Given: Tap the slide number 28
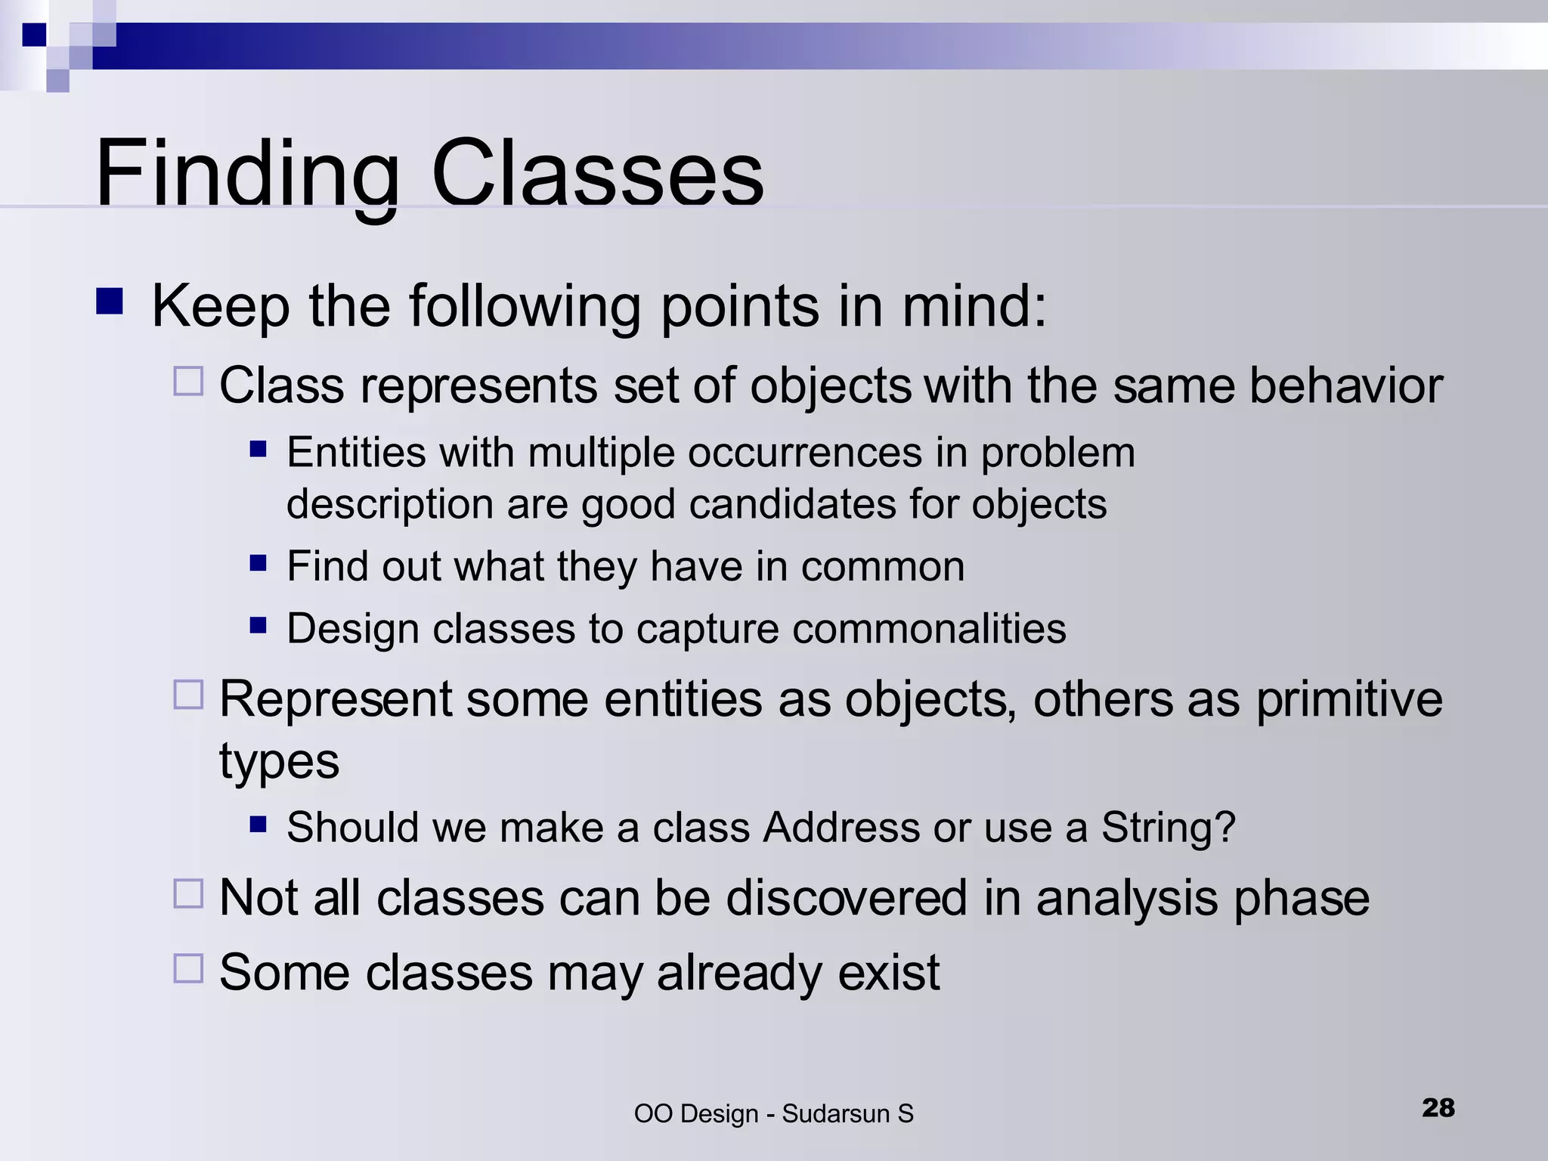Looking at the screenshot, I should click(x=1438, y=1107).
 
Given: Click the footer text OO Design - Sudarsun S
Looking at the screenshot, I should click(x=773, y=1113).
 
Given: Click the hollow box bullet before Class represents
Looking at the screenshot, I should click(x=188, y=381).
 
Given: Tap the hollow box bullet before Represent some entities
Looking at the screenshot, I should click(x=188, y=694).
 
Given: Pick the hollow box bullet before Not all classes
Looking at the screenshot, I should click(x=188, y=893).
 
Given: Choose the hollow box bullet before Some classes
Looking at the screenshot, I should click(x=188, y=967).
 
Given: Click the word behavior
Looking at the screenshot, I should click(x=1345, y=385).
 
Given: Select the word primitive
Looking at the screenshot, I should click(x=1348, y=699).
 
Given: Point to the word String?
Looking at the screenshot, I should click(x=1168, y=827).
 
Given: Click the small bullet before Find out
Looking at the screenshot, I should click(x=259, y=562).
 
